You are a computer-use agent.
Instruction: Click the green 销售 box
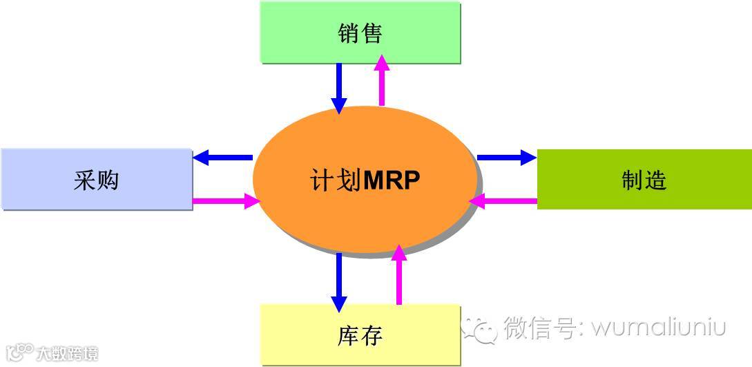(x=360, y=32)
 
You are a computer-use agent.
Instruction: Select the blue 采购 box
(x=96, y=180)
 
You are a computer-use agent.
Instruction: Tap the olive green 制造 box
(x=644, y=180)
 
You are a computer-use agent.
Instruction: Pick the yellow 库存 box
(x=360, y=335)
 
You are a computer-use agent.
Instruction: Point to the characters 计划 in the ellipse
(x=335, y=180)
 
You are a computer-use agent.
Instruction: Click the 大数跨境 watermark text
(x=68, y=354)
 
